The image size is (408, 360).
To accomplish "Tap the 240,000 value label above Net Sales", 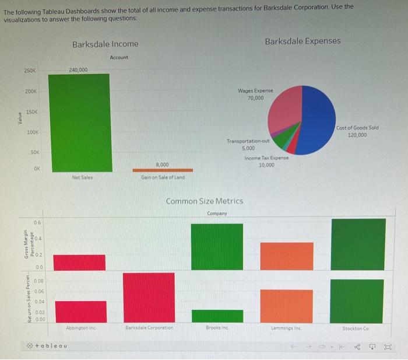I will point(78,69).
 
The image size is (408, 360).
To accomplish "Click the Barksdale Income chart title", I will point(105,44).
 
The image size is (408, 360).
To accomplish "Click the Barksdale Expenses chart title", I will point(303,41).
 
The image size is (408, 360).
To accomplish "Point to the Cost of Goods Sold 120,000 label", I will point(365,131).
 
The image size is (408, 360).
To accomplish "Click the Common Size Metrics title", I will point(205,201).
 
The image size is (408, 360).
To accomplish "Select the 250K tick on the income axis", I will point(30,71).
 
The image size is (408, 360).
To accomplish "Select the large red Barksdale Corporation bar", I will point(149,297).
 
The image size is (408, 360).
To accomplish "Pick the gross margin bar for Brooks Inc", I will point(217,246).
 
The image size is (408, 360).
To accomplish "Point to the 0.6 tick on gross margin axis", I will point(37,222).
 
